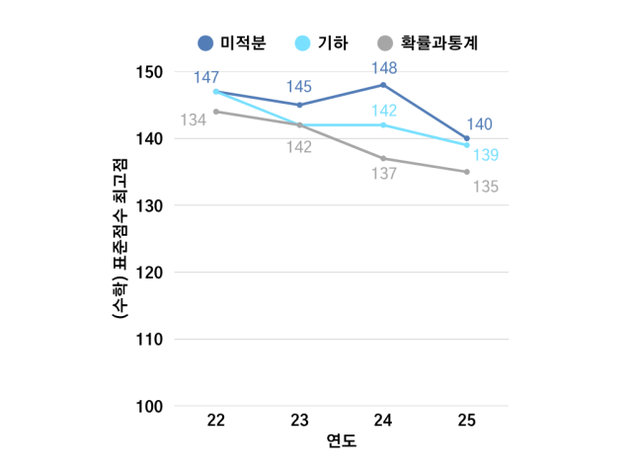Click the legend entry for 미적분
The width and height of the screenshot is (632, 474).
tap(235, 42)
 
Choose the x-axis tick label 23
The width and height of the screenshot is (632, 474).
tap(299, 421)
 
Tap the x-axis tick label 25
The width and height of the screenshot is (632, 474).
tap(467, 421)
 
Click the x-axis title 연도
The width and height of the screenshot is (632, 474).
tap(342, 440)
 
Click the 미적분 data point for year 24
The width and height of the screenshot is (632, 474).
tap(383, 85)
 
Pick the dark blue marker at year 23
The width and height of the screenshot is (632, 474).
tap(299, 105)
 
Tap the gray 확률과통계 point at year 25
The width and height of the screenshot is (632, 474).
tap(467, 172)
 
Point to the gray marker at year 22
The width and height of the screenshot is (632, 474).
tap(216, 112)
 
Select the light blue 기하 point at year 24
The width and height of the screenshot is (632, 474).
tap(383, 125)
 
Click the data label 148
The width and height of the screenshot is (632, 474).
tap(383, 68)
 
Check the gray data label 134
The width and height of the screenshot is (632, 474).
tap(194, 119)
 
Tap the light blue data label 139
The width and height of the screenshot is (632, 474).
tap(486, 155)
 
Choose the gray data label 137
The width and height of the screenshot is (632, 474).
tap(383, 174)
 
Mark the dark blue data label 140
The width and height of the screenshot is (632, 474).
tap(480, 124)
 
